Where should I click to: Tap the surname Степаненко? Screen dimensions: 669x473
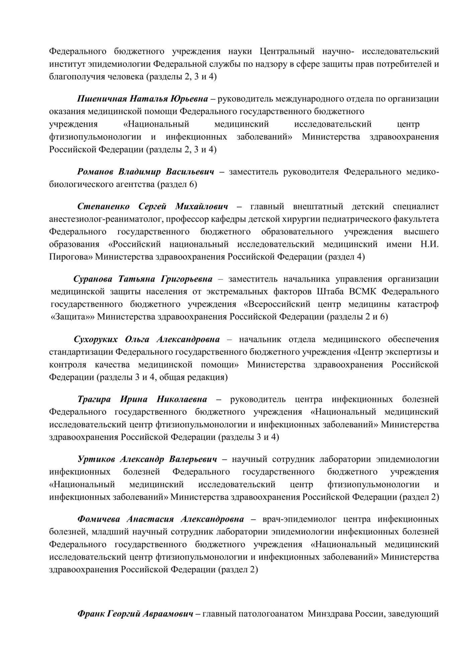[x=103, y=206]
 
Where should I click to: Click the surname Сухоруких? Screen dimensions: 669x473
[x=96, y=340]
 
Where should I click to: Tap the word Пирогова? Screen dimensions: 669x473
[x=70, y=257]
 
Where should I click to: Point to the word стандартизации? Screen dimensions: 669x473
[x=81, y=352]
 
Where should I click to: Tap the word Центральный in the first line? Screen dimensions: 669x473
[x=287, y=51]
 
